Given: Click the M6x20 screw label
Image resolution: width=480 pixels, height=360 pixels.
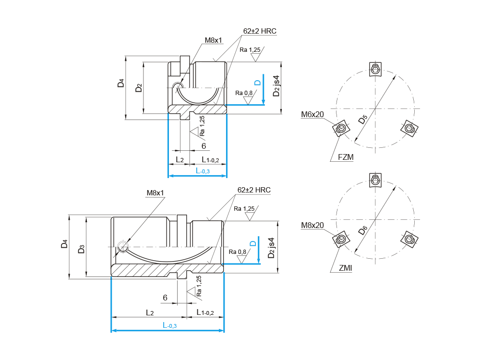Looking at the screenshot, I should pos(313,114).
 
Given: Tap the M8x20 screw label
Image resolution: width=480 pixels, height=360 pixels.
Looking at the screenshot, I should pos(312,225).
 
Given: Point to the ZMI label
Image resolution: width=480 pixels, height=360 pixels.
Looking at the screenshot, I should pos(345,268).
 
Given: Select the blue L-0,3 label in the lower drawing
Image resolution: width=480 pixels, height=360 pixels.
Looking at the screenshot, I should pos(169,325).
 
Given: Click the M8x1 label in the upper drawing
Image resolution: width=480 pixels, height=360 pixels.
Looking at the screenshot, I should pos(214,40).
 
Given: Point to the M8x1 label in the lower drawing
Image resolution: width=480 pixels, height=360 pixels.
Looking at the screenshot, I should pos(155,193).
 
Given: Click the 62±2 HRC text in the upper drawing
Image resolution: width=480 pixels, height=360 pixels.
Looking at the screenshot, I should pos(260,31).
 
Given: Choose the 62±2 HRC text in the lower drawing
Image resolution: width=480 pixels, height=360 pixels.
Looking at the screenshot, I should pos(254,190).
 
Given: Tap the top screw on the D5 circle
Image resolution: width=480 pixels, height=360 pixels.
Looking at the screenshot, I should pos(375,70).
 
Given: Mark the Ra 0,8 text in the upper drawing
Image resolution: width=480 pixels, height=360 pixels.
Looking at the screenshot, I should pos(244,93).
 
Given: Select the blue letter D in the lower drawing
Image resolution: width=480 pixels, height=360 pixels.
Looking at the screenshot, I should pos(252,244).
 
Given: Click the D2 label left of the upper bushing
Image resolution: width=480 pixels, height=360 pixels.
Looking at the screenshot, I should pos(139,88).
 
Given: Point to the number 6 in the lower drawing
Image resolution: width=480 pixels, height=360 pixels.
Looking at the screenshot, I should pos(165,298).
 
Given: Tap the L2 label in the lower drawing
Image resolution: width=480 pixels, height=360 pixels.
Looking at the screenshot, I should pos(150,313).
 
